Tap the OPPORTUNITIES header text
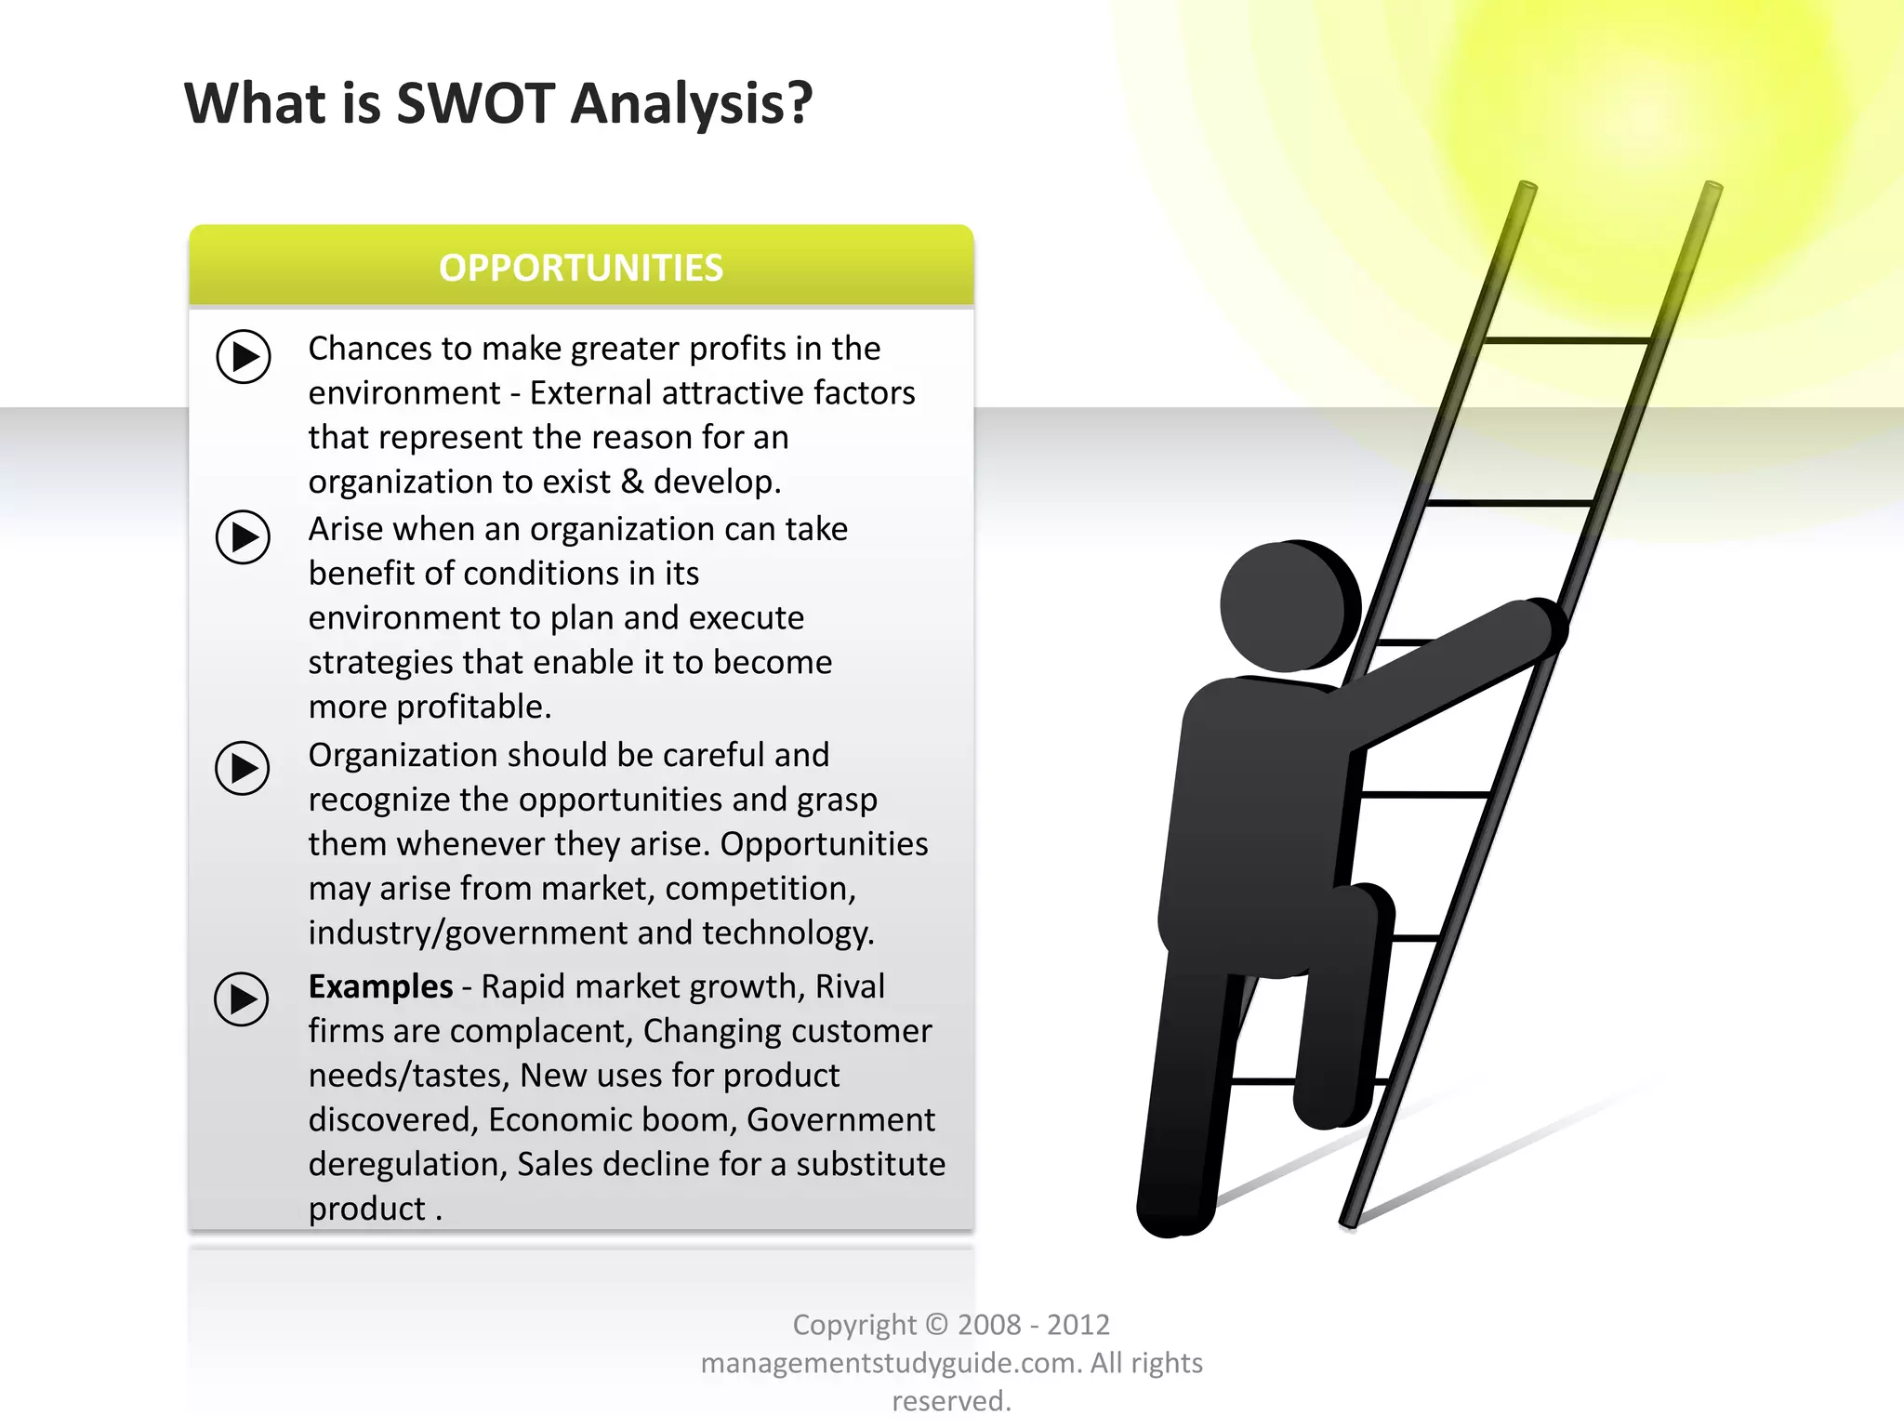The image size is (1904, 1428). [581, 268]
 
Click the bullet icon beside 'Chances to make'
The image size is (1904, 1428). [244, 356]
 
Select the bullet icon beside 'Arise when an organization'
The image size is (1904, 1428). [244, 536]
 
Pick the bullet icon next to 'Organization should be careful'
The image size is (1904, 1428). [243, 768]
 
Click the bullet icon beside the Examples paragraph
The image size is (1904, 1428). [242, 999]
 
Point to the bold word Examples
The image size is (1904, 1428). [380, 986]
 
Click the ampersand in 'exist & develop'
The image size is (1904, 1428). [632, 482]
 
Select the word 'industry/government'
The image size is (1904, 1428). [479, 932]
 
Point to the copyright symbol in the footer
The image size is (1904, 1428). [937, 1325]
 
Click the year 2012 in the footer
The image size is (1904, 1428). [1078, 1325]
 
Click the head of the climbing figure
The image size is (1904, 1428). [1288, 605]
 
